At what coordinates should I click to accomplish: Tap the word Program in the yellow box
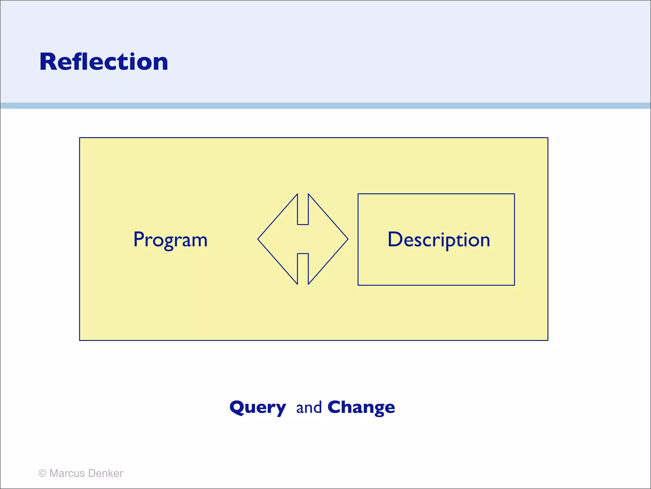pos(170,239)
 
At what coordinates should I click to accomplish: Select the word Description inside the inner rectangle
pos(439,239)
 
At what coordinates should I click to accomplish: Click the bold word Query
pos(257,407)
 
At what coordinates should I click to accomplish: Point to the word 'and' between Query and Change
pos(309,408)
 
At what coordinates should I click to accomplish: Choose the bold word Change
pos(361,407)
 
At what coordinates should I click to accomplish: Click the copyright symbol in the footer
pos(42,473)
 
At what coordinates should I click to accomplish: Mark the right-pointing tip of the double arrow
pos(347,239)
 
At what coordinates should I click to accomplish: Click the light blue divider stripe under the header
pos(325,106)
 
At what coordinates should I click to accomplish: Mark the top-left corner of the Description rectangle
pos(358,194)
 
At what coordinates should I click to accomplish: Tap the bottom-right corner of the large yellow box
pos(548,340)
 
